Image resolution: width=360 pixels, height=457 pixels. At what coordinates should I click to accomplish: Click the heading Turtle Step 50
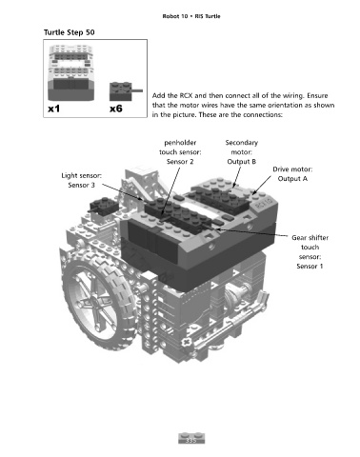[70, 32]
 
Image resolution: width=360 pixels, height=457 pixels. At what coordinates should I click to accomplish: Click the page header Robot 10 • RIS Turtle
[191, 16]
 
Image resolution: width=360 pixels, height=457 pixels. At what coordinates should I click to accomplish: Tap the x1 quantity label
[54, 109]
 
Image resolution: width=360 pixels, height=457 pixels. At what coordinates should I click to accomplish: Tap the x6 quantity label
[116, 109]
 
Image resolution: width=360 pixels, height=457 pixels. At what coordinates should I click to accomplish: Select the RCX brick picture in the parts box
[71, 72]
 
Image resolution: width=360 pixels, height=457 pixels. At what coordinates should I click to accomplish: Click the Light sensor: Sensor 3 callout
[82, 180]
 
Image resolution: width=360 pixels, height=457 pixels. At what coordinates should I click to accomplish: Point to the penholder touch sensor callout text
[180, 152]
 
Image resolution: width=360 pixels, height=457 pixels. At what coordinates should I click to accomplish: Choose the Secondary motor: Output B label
[242, 152]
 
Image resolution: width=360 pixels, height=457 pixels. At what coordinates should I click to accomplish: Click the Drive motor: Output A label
[292, 174]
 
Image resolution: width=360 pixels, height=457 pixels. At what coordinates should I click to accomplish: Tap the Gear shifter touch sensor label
[310, 251]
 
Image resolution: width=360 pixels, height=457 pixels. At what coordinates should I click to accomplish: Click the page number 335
[191, 441]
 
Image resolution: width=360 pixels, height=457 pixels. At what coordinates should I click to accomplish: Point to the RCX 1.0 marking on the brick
[264, 203]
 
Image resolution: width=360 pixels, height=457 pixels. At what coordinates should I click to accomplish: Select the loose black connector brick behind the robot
[103, 206]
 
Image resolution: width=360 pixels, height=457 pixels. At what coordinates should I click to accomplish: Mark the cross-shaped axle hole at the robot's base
[187, 343]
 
